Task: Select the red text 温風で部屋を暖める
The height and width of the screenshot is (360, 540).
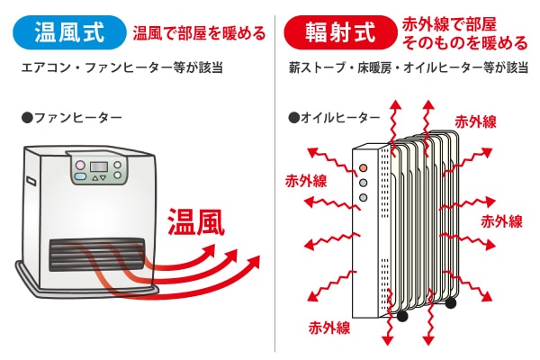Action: coord(199,34)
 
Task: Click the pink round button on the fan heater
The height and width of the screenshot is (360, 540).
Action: coord(78,166)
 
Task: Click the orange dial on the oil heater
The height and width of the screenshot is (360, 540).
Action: coord(364,167)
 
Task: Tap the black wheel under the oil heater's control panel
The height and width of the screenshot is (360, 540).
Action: coord(401,317)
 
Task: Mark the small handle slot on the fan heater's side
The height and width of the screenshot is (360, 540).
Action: coord(30,181)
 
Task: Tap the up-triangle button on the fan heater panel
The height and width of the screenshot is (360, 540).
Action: coord(96,180)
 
